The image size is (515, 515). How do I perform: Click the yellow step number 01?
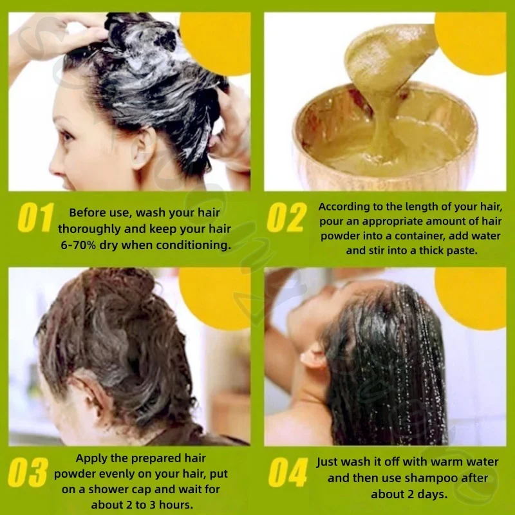coord(35,218)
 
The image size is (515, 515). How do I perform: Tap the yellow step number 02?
coord(286,218)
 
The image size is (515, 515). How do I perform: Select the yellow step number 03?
coord(28,473)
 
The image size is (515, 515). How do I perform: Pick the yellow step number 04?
coord(288,473)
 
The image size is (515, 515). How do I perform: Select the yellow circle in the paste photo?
coord(471,42)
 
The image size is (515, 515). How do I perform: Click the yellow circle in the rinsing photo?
coord(471,298)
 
